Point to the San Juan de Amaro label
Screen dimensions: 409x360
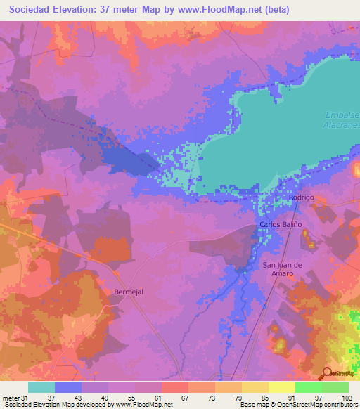click(282, 269)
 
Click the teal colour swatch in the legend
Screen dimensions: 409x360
click(41, 387)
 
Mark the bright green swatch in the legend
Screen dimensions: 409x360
click(308, 387)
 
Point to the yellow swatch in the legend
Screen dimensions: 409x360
click(281, 387)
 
